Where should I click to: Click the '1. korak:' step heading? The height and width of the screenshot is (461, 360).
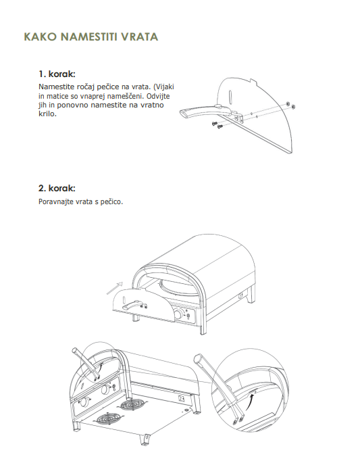[57, 74]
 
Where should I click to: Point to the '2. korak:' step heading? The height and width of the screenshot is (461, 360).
[57, 188]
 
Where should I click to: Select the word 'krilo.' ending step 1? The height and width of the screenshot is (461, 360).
[47, 114]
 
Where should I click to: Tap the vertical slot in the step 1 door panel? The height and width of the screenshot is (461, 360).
[231, 96]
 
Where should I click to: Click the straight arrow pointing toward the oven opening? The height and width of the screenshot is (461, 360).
[115, 288]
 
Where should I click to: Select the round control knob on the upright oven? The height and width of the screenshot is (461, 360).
[178, 314]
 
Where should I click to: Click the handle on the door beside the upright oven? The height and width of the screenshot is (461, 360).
[133, 305]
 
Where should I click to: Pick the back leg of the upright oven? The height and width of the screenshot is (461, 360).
[251, 295]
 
